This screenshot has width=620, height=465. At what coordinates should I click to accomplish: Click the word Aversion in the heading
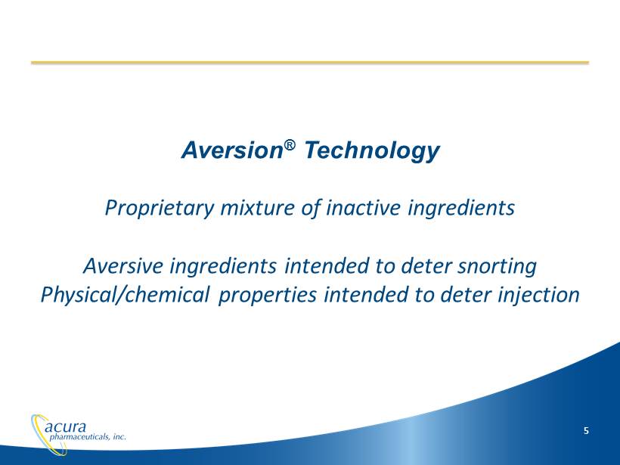tap(231, 150)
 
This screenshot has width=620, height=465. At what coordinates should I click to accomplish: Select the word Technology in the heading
tap(372, 151)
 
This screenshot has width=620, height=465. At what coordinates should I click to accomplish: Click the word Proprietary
tap(160, 208)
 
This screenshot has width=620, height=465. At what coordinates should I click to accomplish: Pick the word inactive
tap(364, 207)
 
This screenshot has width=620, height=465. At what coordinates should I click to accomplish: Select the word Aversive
tap(123, 265)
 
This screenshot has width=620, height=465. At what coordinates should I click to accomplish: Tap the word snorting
tap(497, 266)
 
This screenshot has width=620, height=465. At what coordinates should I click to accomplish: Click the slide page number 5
tap(586, 431)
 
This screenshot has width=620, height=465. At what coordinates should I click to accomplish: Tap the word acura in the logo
tap(65, 426)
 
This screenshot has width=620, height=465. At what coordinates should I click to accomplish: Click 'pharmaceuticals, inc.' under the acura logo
tap(88, 437)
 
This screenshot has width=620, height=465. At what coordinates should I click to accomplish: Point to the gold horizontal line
tap(310, 63)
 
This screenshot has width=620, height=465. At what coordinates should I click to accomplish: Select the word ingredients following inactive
tap(461, 208)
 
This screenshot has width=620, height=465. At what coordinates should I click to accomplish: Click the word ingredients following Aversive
tap(223, 266)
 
